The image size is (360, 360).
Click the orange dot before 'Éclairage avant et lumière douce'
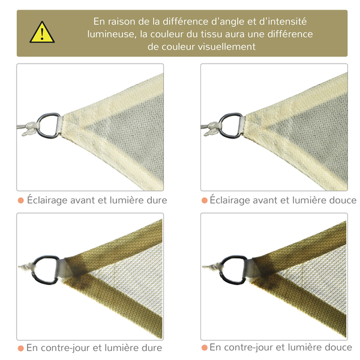click(x=204, y=200)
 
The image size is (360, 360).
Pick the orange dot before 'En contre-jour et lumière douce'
click(x=204, y=348)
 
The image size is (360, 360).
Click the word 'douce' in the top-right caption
click(x=343, y=200)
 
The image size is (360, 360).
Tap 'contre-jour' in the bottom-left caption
click(x=64, y=348)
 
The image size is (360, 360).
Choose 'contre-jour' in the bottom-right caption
click(x=248, y=348)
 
